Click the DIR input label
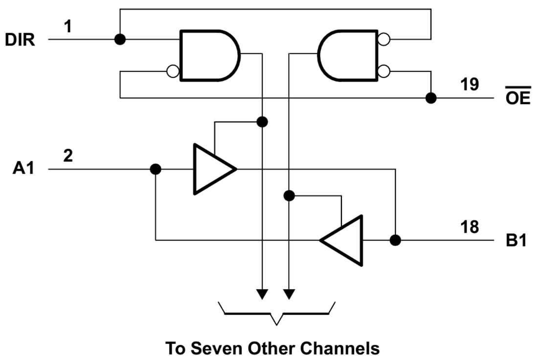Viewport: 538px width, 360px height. (x=20, y=40)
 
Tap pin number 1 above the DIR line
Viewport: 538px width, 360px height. (x=68, y=26)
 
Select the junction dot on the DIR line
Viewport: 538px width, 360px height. (x=119, y=39)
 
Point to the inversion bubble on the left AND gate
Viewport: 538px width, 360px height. (x=173, y=72)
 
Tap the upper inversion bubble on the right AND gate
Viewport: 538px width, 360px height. (x=384, y=39)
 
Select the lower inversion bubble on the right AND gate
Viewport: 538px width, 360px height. (x=384, y=72)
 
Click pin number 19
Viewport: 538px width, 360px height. (x=470, y=85)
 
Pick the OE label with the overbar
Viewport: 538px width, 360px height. (x=518, y=98)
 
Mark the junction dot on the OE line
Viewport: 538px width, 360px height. (x=431, y=98)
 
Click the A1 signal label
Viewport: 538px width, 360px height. (x=24, y=169)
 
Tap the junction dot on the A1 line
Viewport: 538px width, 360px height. (x=156, y=169)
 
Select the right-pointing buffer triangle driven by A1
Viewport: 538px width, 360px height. (x=211, y=169)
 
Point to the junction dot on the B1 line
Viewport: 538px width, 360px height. (x=395, y=240)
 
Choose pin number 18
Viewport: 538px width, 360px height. (x=470, y=227)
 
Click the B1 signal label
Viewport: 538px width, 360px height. (x=516, y=241)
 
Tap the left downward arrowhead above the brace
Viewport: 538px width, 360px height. (x=263, y=294)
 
